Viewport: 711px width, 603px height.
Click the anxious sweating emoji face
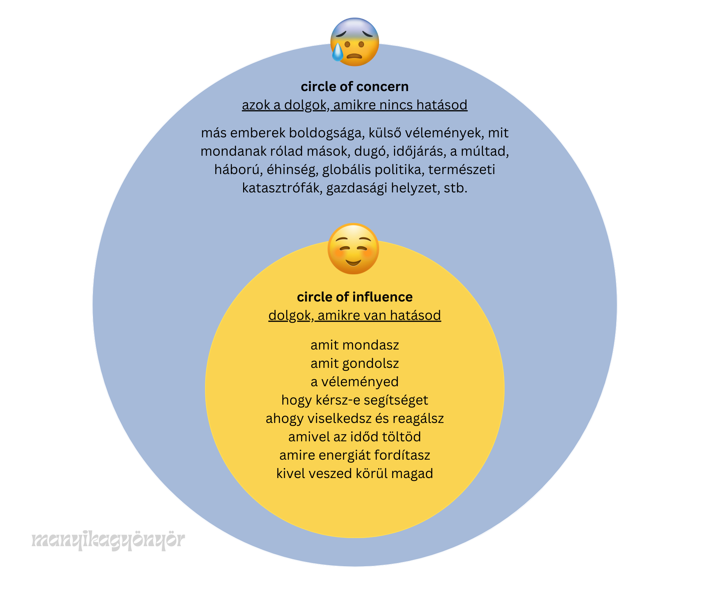tap(354, 42)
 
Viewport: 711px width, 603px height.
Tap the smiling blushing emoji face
tap(353, 249)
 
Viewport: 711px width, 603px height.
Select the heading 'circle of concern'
tap(354, 86)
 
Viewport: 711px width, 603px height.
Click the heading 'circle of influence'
tap(354, 297)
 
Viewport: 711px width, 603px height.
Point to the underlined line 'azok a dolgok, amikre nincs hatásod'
tap(354, 105)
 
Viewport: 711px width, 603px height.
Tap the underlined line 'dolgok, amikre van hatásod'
tap(354, 315)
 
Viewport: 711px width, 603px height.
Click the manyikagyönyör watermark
tap(108, 540)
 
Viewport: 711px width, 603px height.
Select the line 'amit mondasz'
tap(354, 345)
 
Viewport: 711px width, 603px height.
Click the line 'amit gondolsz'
tap(354, 363)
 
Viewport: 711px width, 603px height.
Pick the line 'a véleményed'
tap(354, 382)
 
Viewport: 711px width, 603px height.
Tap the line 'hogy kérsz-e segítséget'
tap(354, 400)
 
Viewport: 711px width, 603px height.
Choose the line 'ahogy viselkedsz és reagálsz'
tap(354, 418)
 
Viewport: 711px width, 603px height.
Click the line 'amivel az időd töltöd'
tap(354, 437)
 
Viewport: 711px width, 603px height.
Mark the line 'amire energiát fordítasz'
tap(354, 455)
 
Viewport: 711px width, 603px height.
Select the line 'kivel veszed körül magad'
tap(354, 473)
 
